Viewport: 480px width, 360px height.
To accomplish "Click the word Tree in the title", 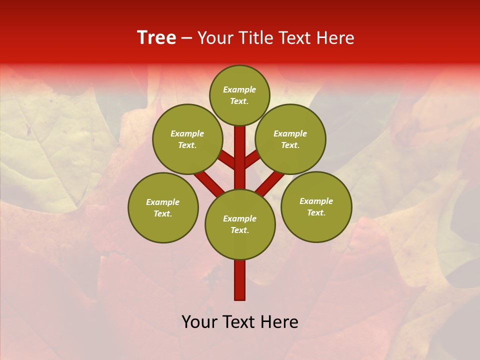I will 156,38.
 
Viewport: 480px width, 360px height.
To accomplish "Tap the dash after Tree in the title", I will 187,38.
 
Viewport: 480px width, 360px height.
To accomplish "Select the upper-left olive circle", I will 187,139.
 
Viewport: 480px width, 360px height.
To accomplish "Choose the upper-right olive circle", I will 290,139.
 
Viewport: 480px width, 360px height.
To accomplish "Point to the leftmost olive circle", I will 163,207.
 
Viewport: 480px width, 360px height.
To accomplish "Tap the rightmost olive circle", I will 316,206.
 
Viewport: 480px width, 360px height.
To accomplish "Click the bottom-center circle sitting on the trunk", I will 240,224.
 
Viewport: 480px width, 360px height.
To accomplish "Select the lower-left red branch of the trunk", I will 209,182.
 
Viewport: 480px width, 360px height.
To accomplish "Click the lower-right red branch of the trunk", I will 270,182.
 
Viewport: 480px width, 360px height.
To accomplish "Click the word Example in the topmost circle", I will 239,90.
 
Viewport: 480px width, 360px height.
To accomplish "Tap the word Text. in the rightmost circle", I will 316,212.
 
